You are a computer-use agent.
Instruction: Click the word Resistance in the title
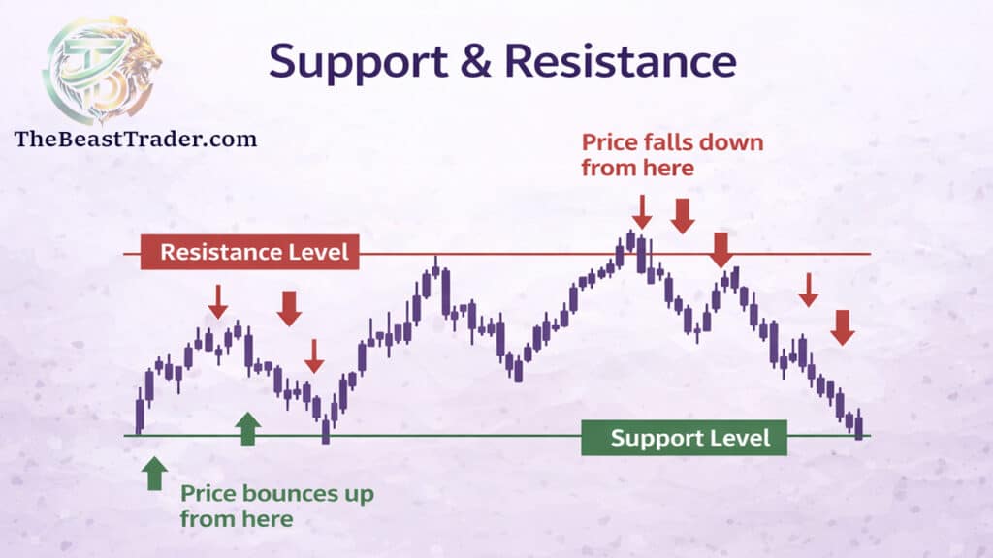coord(621,61)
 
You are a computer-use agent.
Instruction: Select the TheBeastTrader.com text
coord(136,139)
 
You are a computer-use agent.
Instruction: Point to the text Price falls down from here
coord(672,154)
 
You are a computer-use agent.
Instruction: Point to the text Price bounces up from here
coord(276,506)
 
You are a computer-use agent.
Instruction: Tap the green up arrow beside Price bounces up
coord(153,474)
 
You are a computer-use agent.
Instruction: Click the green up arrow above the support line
coord(248,427)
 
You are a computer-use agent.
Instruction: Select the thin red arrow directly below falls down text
coord(640,210)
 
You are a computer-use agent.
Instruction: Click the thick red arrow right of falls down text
coord(683,215)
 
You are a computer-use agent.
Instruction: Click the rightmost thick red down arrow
coord(843,326)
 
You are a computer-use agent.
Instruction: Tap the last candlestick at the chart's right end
coord(858,424)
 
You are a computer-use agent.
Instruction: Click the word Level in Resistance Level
coord(316,253)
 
